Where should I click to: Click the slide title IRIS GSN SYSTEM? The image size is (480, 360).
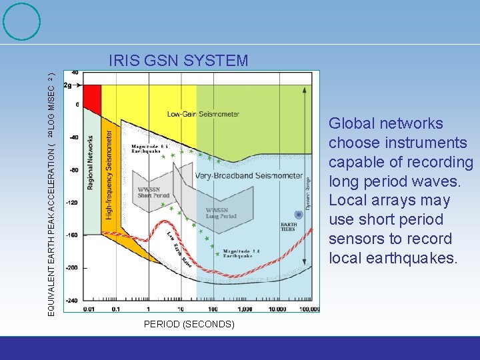[178, 61]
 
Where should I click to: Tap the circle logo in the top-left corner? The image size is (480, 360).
[21, 21]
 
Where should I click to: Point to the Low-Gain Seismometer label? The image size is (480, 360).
[203, 114]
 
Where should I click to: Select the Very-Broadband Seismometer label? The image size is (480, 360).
[249, 176]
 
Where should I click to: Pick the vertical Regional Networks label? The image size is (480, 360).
[91, 166]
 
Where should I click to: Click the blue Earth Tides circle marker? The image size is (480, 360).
[289, 214]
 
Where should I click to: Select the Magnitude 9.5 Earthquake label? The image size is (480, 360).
[153, 149]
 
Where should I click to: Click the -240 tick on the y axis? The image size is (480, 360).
[71, 300]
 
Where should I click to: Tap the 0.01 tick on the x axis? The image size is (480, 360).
[89, 309]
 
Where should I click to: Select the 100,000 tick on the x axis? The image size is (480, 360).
[309, 309]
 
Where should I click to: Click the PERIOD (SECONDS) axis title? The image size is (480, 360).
[189, 324]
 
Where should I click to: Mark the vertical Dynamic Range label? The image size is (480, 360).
[307, 193]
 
